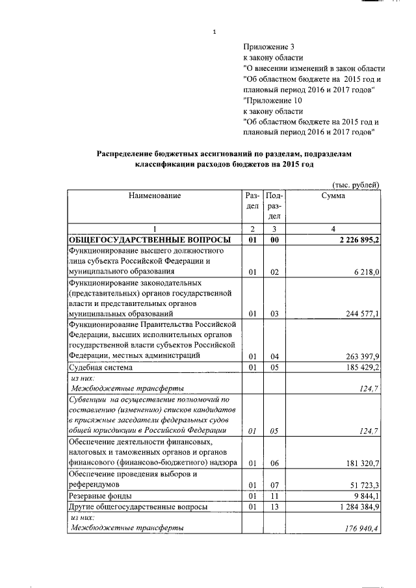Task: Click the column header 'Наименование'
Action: pyautogui.click(x=154, y=195)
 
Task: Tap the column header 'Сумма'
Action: pyautogui.click(x=333, y=195)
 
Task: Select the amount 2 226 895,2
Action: pyautogui.click(x=355, y=239)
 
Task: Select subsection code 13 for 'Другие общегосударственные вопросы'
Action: pyautogui.click(x=274, y=506)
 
